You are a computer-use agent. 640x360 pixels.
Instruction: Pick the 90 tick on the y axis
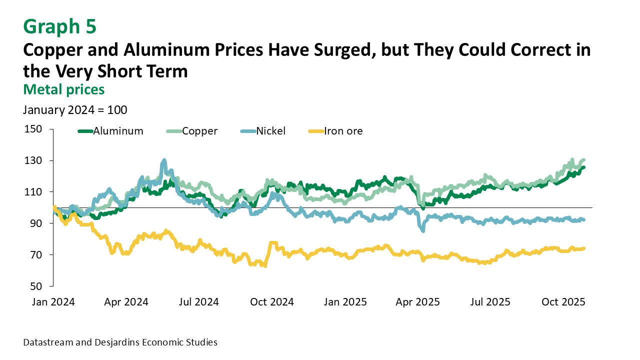tap(35, 223)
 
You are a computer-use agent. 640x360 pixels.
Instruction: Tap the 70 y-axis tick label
tap(35, 255)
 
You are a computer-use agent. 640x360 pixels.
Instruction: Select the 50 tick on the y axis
tap(35, 286)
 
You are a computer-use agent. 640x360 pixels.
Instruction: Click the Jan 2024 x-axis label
tap(54, 302)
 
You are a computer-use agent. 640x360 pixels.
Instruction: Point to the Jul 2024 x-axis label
tap(199, 302)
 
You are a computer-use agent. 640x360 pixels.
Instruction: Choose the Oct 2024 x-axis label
tap(272, 302)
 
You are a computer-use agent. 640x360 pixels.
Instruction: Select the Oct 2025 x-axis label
tap(564, 302)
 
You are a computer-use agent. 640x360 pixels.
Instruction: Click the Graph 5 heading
tap(59, 26)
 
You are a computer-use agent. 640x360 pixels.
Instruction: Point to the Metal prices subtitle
tap(63, 89)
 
